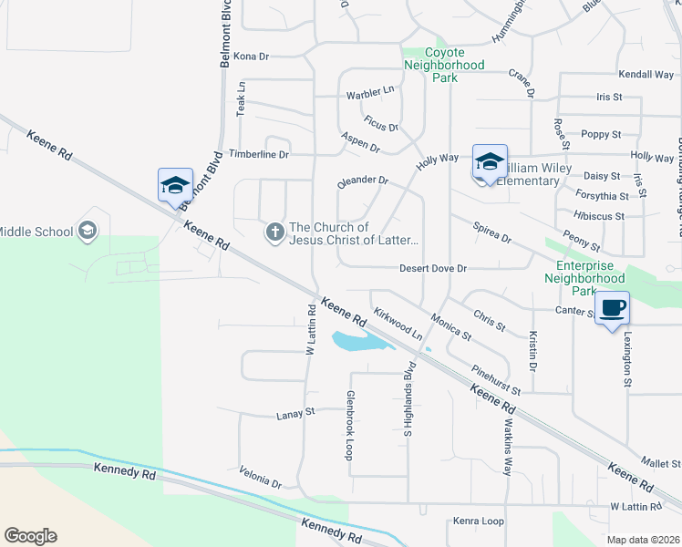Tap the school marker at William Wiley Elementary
coord(490,162)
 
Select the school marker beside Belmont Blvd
coord(175,185)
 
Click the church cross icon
coord(274,233)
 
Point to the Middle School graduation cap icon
coord(88,231)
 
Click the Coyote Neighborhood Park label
coord(445,66)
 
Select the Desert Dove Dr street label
coord(433,269)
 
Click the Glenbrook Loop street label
coord(348,425)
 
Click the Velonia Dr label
coord(261,479)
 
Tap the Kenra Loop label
coord(479,521)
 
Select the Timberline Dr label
coord(259,155)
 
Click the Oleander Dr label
coord(363,181)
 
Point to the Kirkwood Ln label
coord(398,324)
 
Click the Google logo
coord(30,536)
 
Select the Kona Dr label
coord(252,57)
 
